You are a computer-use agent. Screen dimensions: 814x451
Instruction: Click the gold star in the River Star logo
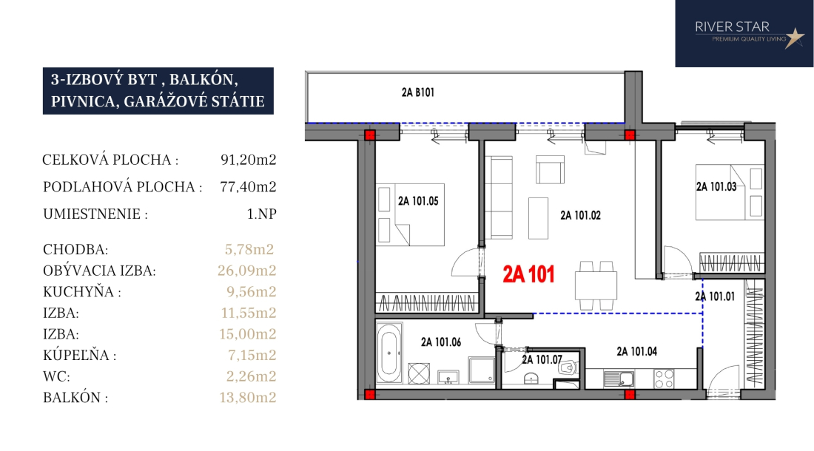794,38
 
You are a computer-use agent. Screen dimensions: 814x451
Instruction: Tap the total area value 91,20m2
248,160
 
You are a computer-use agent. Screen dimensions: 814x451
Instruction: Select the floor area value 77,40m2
248,186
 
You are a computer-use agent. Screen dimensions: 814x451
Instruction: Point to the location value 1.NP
262,214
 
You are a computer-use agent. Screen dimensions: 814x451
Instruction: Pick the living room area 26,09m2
247,271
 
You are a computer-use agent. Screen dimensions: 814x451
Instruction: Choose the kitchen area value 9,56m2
252,292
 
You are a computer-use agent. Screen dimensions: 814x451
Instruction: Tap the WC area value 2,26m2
252,376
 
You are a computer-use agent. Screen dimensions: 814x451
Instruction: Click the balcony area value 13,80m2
248,398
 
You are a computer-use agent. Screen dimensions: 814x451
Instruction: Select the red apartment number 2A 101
528,274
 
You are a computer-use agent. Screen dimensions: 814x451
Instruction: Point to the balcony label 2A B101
418,92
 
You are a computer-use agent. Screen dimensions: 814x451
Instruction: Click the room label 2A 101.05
418,201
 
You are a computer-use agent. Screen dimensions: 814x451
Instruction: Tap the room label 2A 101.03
716,186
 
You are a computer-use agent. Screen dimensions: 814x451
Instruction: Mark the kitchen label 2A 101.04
637,351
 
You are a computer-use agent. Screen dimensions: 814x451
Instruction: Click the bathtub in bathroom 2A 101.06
388,353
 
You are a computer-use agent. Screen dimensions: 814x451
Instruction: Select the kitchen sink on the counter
619,379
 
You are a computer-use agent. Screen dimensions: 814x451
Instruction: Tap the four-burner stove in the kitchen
664,379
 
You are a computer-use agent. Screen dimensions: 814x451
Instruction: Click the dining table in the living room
596,285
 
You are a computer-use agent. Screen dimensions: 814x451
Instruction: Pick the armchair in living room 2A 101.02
550,169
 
